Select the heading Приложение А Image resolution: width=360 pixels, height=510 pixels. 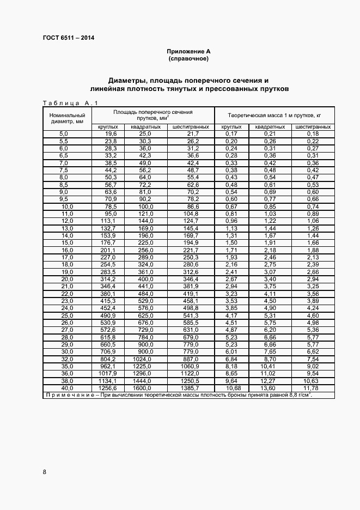click(188, 51)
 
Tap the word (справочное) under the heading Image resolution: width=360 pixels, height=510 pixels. click(188, 58)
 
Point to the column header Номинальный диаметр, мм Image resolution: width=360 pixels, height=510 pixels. click(67, 118)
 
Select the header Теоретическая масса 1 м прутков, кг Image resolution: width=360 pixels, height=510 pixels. click(274, 116)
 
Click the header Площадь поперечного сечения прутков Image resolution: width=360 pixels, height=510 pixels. click(153, 115)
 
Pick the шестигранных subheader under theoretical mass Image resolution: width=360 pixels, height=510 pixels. click(313, 127)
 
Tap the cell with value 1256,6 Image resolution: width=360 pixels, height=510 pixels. click(108, 387)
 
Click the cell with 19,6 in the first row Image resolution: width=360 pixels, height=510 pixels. click(111, 134)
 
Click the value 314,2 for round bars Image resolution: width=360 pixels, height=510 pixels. click(109, 278)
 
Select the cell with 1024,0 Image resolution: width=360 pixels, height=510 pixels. click(142, 359)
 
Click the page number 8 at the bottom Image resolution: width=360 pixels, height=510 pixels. click(44, 472)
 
